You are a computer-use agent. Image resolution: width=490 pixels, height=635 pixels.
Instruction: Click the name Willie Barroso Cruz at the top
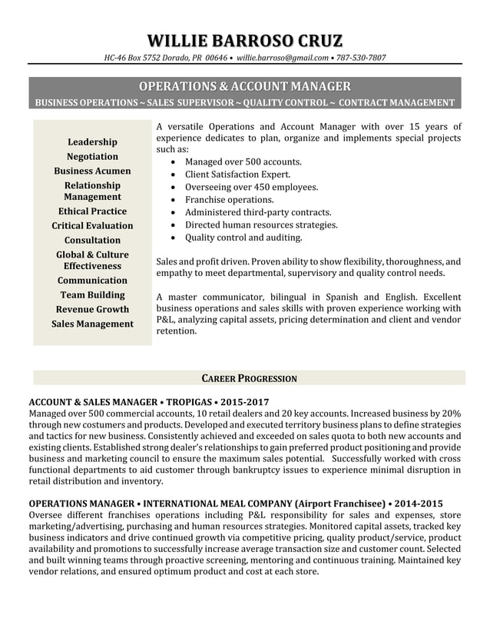(245, 40)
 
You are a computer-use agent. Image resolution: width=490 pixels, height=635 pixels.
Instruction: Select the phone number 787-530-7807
(361, 58)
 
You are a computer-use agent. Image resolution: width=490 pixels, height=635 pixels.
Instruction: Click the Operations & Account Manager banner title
(245, 86)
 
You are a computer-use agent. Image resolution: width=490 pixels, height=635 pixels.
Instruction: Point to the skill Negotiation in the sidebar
(92, 157)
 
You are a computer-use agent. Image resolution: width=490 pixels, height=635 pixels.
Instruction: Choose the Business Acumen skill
(92, 171)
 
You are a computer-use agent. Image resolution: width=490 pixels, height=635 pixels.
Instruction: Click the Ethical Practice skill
(92, 211)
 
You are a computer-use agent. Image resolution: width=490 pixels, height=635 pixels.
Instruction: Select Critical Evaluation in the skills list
(92, 226)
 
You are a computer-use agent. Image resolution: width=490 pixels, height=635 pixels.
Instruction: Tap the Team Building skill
(92, 295)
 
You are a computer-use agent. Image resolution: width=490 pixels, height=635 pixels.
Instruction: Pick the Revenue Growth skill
(92, 310)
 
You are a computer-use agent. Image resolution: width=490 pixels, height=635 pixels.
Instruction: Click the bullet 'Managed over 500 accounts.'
(243, 162)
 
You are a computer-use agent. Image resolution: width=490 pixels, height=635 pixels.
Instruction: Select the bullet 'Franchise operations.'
(229, 200)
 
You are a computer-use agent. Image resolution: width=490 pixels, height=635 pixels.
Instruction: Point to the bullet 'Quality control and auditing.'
(243, 238)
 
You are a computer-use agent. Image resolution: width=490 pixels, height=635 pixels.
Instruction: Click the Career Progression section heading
(249, 378)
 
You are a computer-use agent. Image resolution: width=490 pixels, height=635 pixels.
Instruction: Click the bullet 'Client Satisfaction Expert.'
(237, 175)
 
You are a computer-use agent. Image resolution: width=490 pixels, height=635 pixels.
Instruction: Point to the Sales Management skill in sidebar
(92, 324)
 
